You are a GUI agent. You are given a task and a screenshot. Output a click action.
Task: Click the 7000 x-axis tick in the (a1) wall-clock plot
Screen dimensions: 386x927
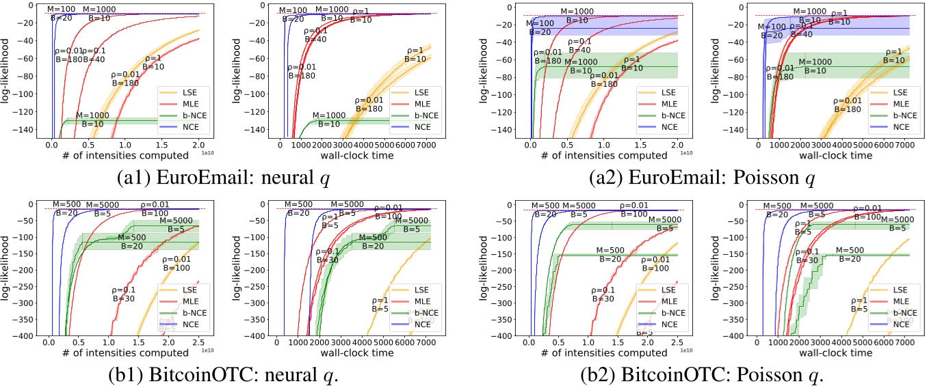[426, 146]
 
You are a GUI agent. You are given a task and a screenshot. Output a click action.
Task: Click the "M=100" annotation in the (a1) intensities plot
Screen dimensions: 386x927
[62, 10]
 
